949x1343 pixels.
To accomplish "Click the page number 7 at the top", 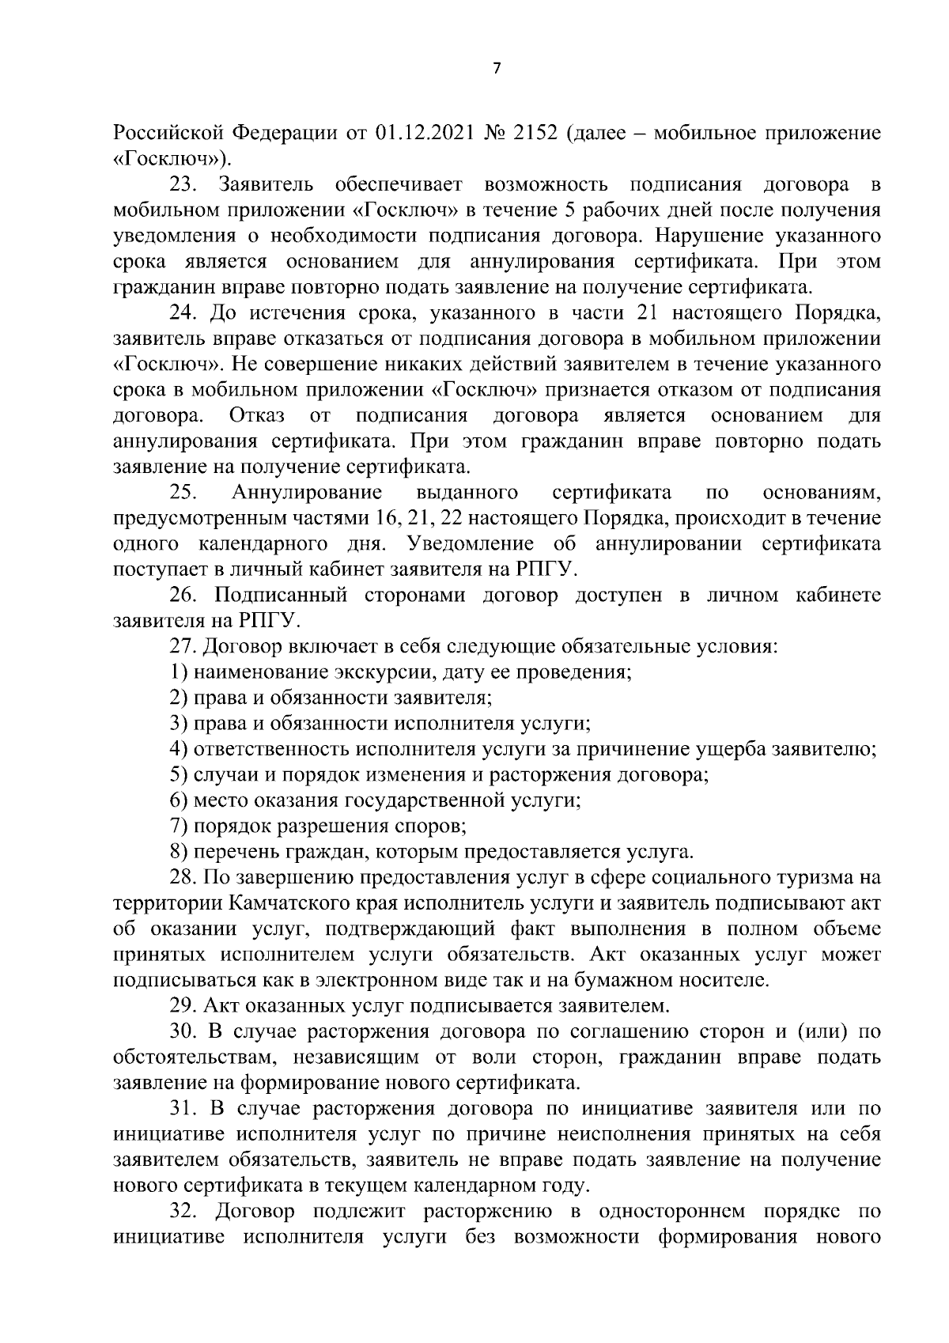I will coord(496,69).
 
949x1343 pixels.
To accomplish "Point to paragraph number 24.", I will coord(183,313).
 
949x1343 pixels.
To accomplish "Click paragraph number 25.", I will coord(183,493).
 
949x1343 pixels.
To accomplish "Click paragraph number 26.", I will coord(183,596).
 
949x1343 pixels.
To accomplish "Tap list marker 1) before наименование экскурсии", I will coord(178,673).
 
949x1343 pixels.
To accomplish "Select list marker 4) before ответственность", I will coord(178,750).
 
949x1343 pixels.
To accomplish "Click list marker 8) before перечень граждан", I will coord(178,853).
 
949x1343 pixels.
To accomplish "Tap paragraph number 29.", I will coord(183,1007).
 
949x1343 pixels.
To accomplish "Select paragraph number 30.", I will coord(183,1032).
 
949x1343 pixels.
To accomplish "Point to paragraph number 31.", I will coord(183,1110).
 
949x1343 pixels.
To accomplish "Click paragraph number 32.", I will coord(183,1212).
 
